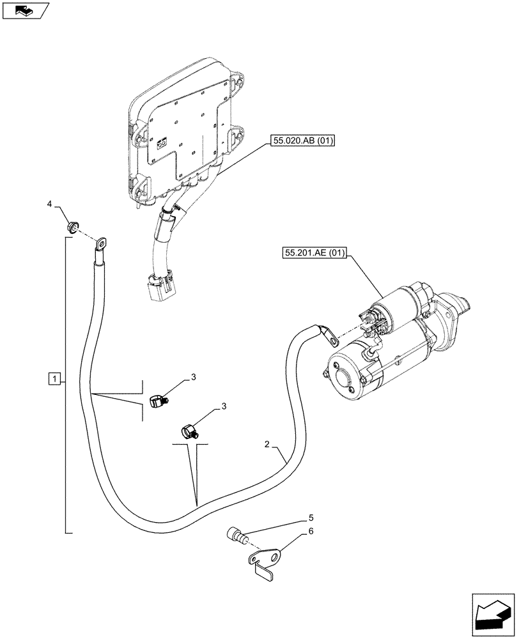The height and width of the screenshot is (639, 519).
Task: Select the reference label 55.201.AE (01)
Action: click(x=313, y=254)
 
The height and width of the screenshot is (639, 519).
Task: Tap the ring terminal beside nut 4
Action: click(x=100, y=243)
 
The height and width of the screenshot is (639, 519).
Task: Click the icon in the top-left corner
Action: click(x=25, y=10)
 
